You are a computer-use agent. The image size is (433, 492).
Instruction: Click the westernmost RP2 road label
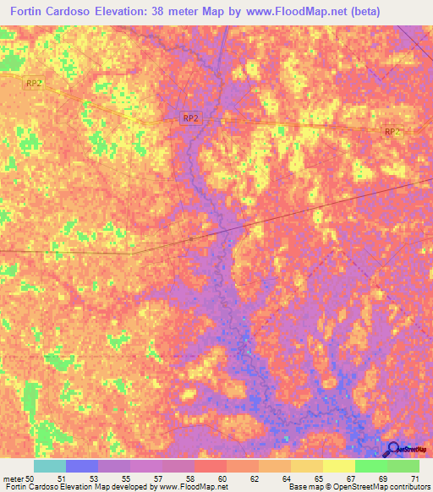point(34,83)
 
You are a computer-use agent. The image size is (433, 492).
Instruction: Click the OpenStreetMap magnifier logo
point(394,449)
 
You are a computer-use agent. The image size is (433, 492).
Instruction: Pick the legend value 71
point(414,478)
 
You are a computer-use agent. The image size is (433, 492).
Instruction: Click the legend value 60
point(222,478)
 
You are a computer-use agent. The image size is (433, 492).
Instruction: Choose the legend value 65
point(319,478)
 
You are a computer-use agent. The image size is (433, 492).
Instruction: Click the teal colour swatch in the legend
point(50,466)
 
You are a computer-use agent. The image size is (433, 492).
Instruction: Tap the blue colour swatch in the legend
point(82,466)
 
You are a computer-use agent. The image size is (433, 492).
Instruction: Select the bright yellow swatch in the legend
point(339,466)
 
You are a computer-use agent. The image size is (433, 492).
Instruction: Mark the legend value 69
point(382,478)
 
